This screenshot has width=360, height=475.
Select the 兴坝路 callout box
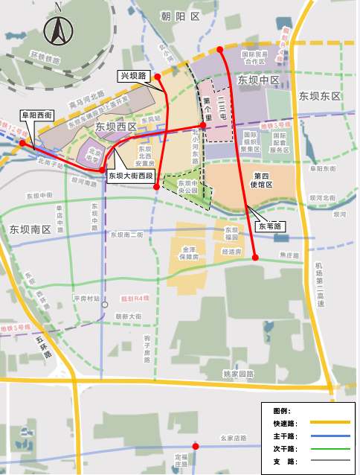(x=134, y=76)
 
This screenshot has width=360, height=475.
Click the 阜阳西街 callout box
(x=36, y=115)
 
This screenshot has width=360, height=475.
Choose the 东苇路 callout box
(x=269, y=225)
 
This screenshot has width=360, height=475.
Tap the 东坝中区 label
(x=258, y=80)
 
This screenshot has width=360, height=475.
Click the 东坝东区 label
(x=319, y=96)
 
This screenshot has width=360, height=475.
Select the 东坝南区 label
(x=29, y=230)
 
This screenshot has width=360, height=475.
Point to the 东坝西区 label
(x=116, y=127)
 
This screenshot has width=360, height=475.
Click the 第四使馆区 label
(x=262, y=180)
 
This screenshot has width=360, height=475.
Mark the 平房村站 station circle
(x=105, y=305)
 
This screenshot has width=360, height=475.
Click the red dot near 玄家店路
(x=196, y=446)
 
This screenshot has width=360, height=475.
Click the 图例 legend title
(x=283, y=410)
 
